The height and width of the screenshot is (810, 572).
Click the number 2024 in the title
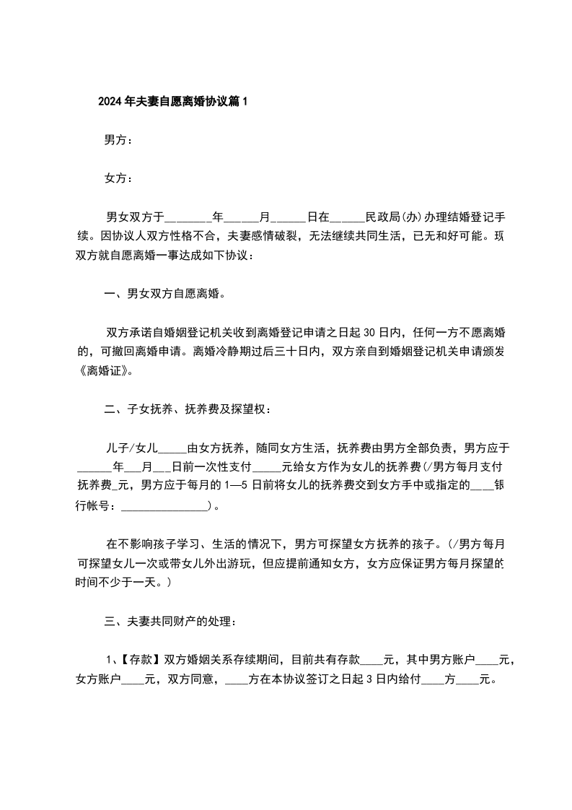pyautogui.click(x=110, y=102)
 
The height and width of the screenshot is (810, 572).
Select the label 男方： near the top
pyautogui.click(x=118, y=140)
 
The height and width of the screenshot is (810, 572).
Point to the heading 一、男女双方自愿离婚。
pyautogui.click(x=164, y=294)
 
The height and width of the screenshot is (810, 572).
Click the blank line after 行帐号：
pyautogui.click(x=164, y=507)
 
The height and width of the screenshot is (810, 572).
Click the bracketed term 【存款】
pyautogui.click(x=141, y=659)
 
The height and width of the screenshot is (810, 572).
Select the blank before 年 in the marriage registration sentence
pyautogui.click(x=188, y=217)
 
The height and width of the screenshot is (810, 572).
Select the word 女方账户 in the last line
pyautogui.click(x=99, y=679)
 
